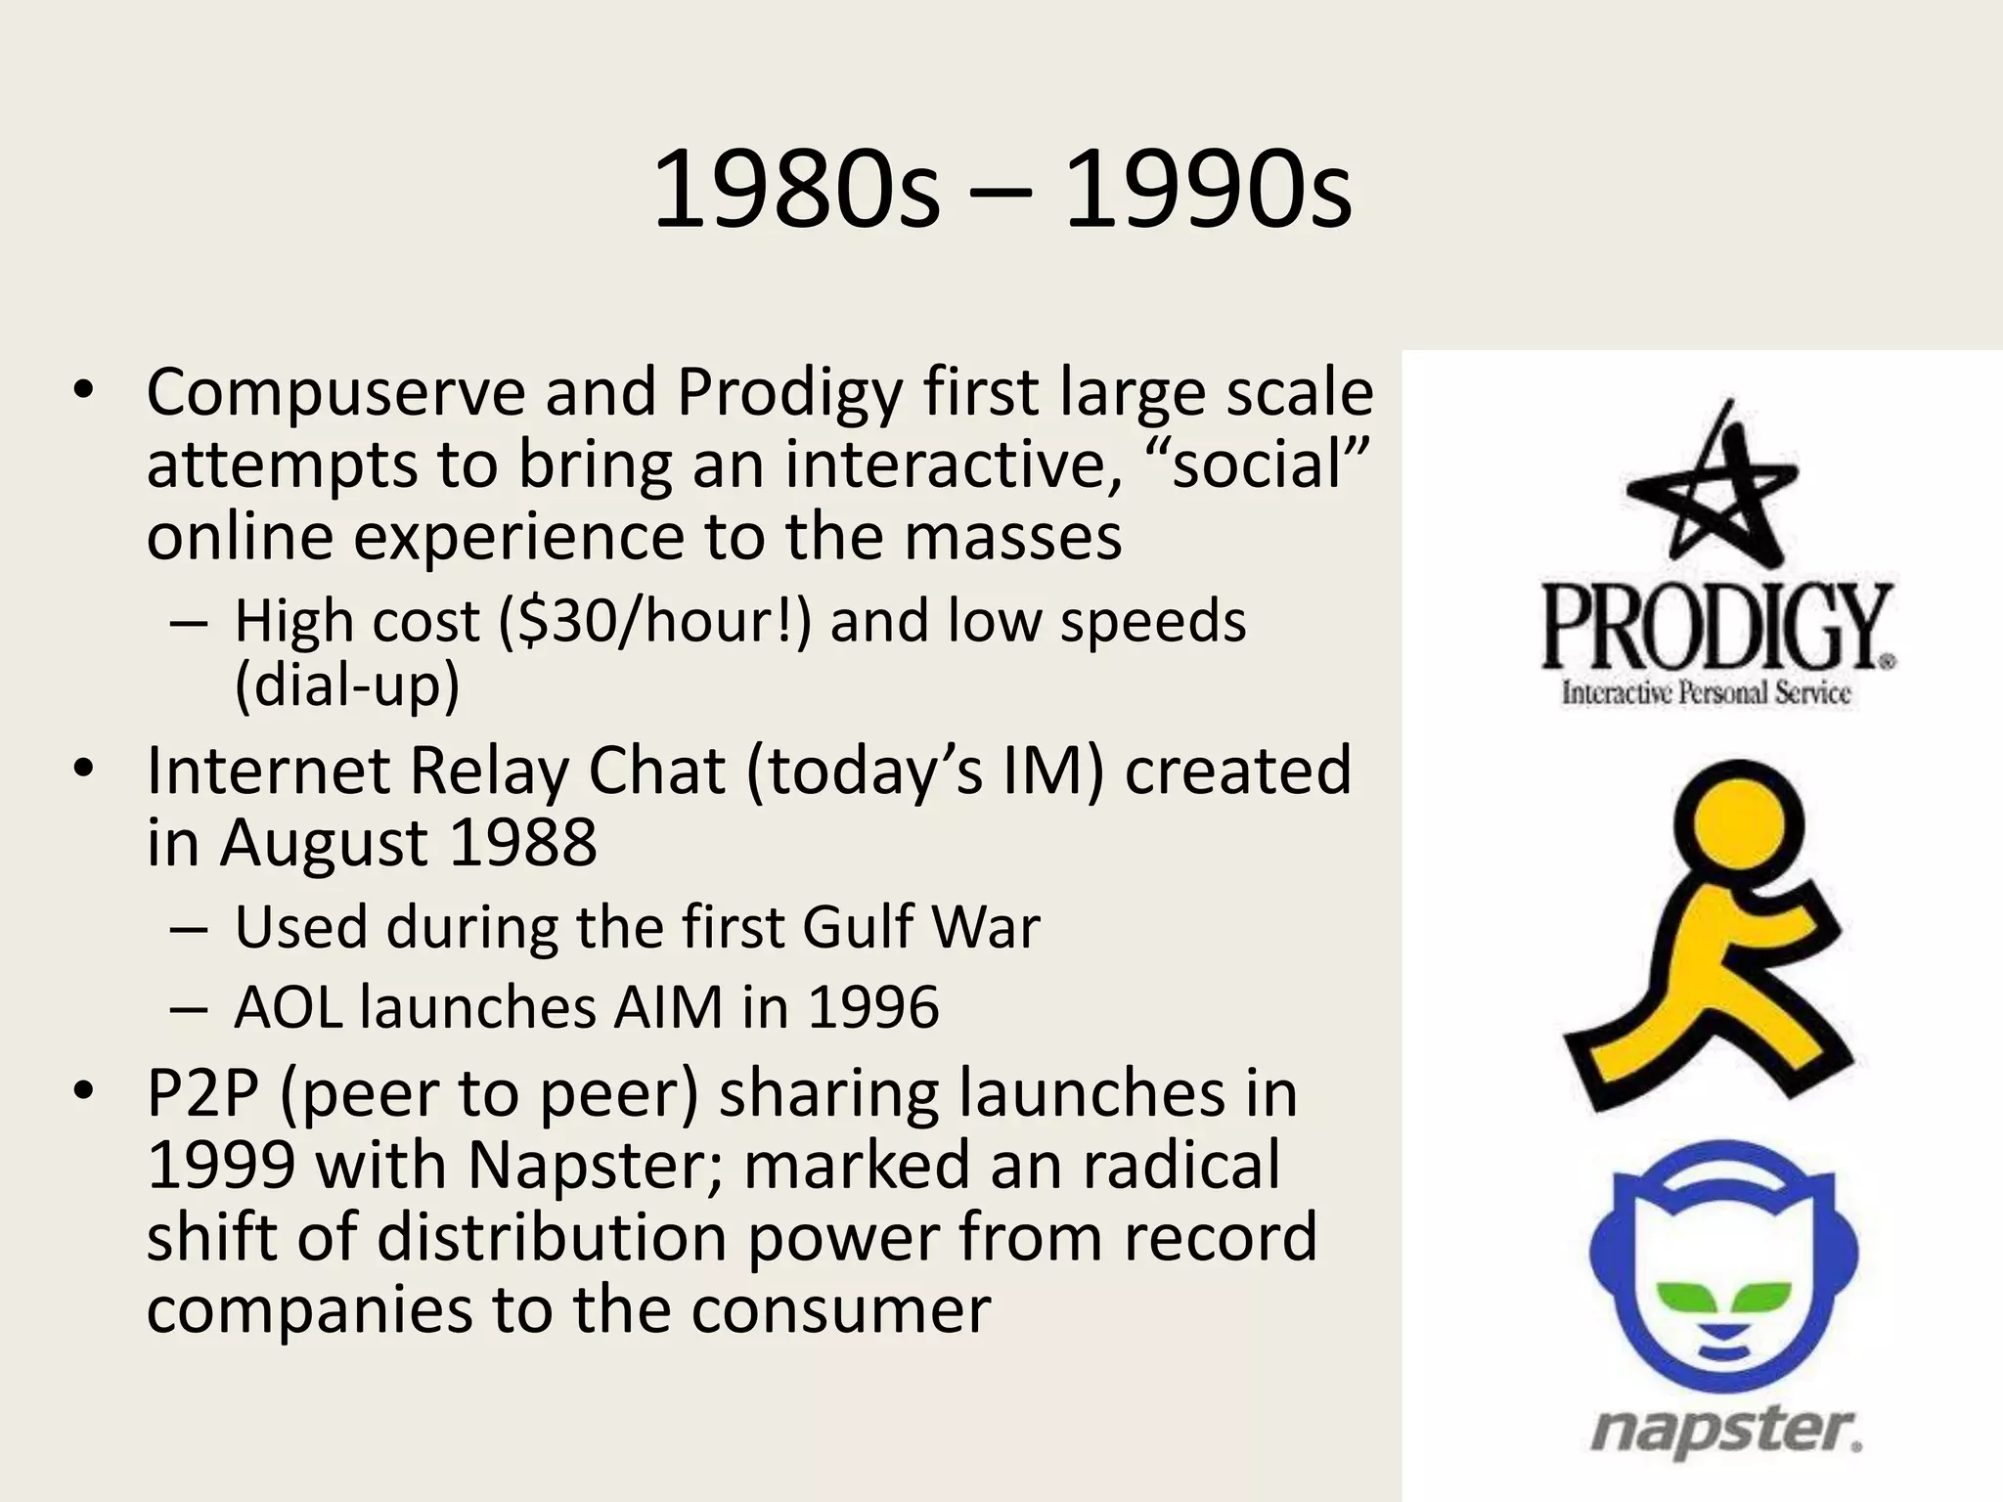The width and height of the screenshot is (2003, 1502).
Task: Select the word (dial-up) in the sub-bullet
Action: click(347, 685)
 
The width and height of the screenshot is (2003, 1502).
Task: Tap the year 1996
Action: click(872, 1007)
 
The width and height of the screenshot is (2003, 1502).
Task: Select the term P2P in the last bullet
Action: click(201, 1094)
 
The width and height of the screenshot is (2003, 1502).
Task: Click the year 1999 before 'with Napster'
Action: click(221, 1166)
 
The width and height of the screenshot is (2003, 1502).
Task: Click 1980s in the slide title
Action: click(795, 191)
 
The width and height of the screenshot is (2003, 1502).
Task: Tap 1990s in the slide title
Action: click(1208, 191)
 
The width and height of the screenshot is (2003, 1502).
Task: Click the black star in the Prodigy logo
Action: click(1717, 489)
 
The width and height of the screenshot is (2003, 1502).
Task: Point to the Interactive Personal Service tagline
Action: click(1706, 693)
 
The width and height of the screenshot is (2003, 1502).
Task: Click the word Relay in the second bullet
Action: click(488, 771)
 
